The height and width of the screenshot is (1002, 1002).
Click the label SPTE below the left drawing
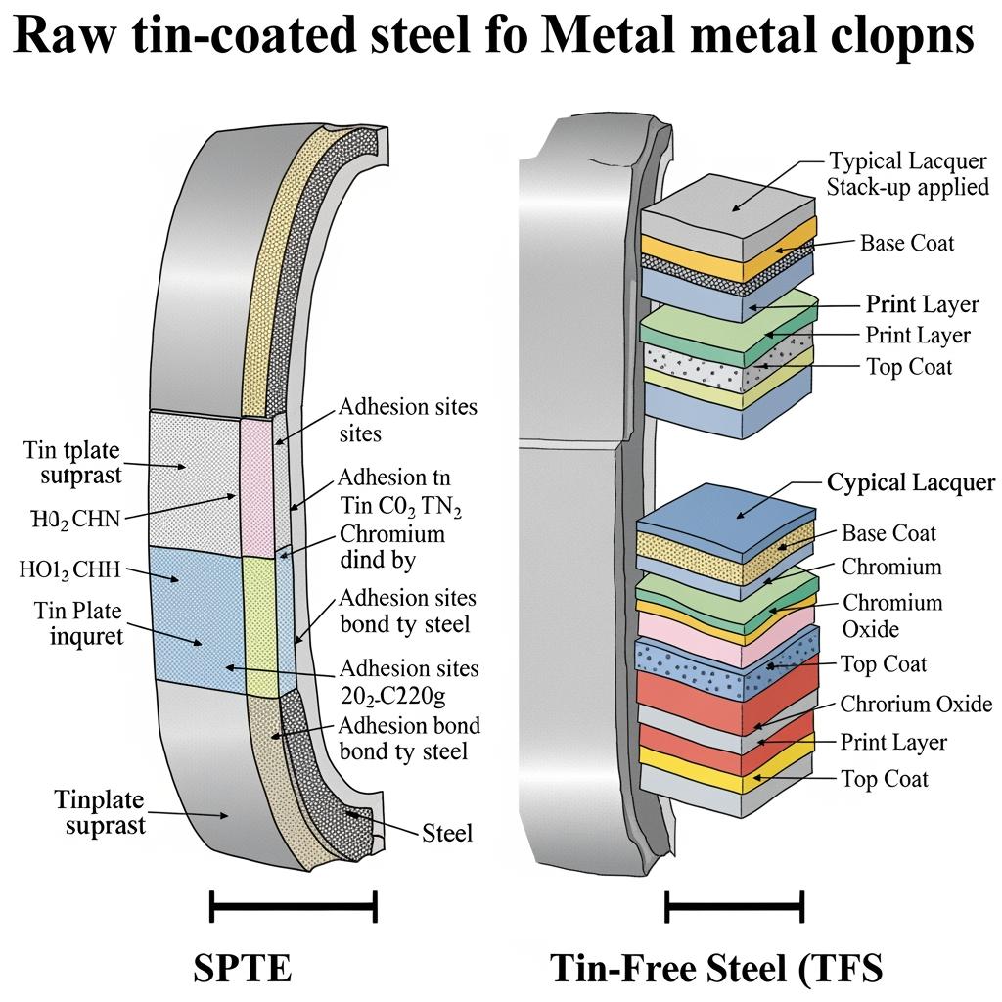click(243, 968)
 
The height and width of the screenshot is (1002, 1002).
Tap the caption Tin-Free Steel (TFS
click(717, 968)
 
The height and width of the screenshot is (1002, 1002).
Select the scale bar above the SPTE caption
click(294, 907)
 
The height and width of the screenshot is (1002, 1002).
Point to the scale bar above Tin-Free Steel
click(734, 907)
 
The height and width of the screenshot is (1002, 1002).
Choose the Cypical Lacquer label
click(911, 482)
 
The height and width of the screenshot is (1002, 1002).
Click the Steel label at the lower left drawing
click(447, 833)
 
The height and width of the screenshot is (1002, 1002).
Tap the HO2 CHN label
click(70, 519)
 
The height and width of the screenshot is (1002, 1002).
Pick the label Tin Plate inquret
click(78, 624)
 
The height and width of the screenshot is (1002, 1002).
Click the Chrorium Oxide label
click(916, 704)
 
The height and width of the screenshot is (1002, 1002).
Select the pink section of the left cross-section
click(259, 484)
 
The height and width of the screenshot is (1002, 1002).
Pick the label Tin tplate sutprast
click(72, 462)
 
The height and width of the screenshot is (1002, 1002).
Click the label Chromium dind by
click(391, 547)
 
